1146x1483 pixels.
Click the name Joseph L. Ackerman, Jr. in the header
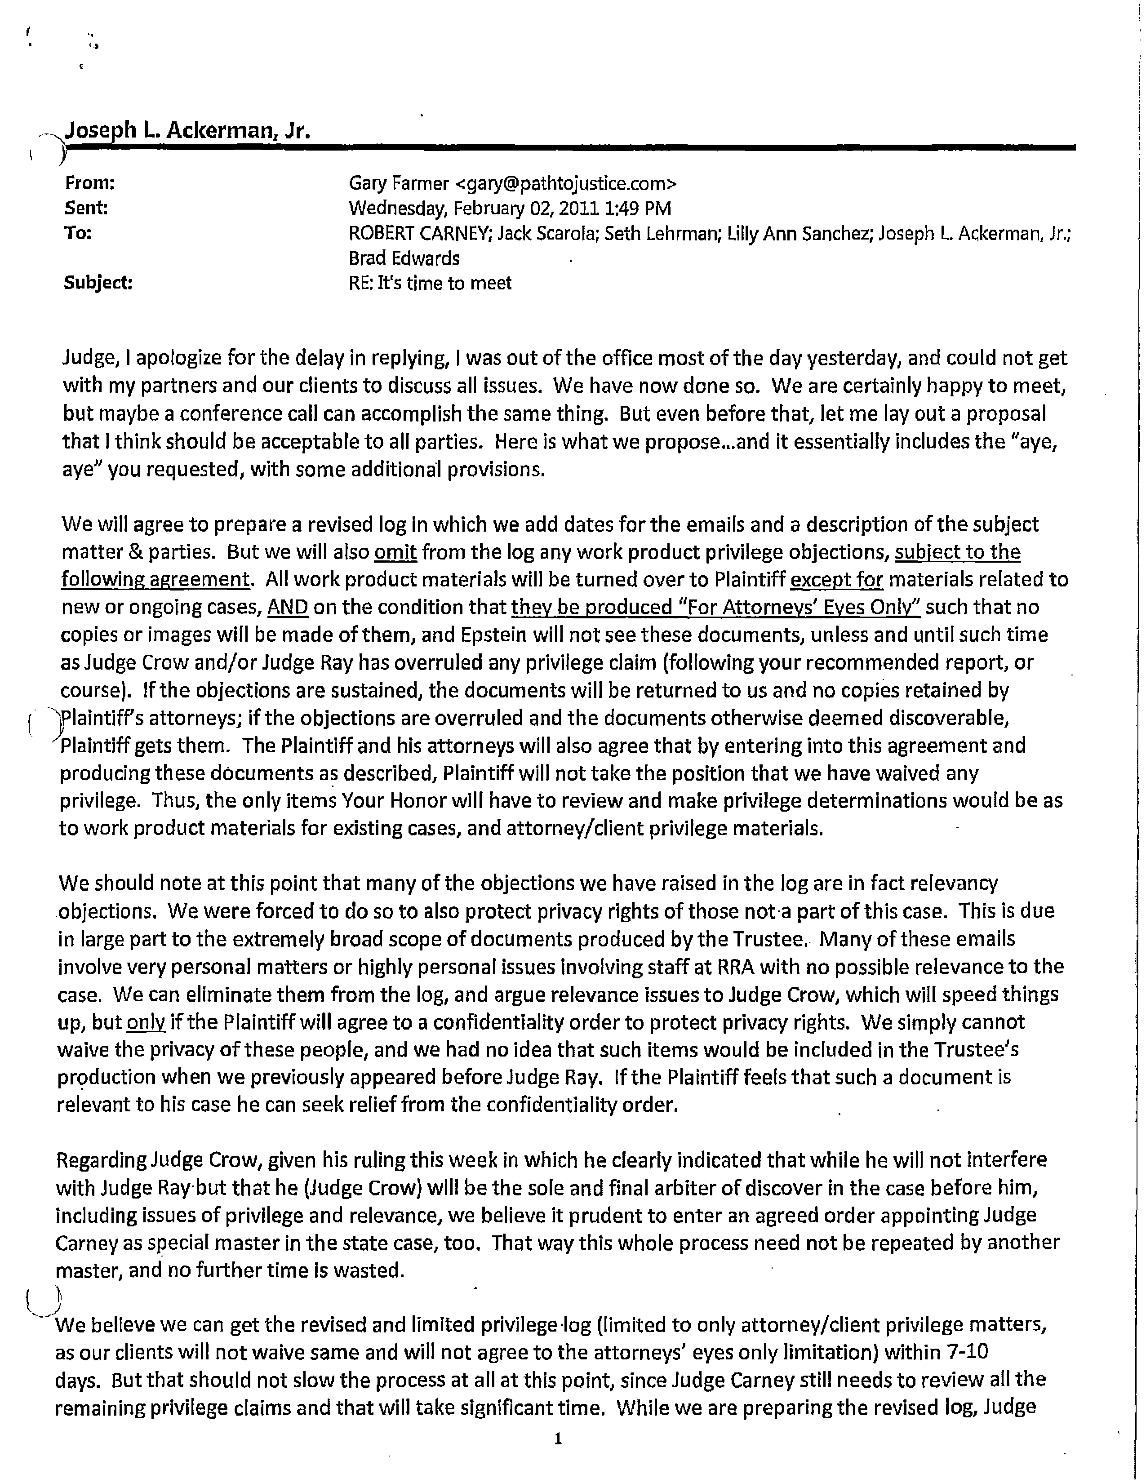[187, 130]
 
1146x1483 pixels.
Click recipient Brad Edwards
[404, 259]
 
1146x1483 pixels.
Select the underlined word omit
[396, 552]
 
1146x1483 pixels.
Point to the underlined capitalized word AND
[288, 608]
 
